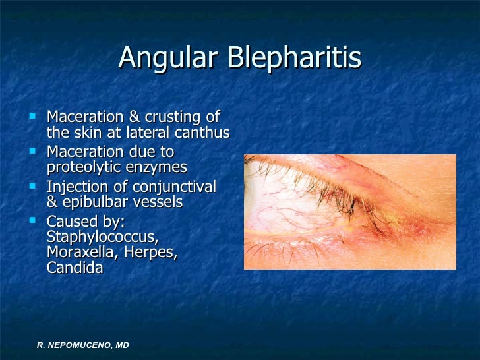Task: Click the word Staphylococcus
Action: pos(102,237)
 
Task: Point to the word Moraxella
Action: pos(78,253)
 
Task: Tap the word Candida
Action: pos(75,268)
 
